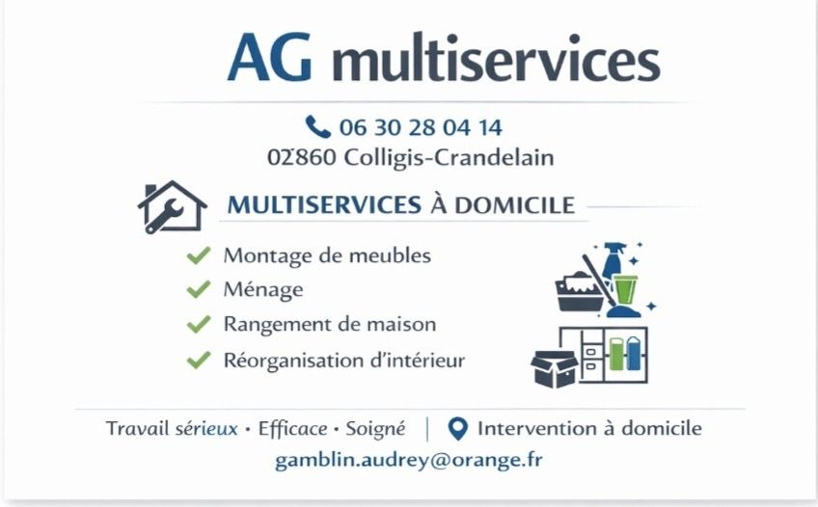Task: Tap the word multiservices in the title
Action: [x=496, y=58]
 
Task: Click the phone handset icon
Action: [x=317, y=126]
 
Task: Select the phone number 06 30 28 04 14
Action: [x=421, y=127]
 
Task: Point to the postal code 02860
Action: [x=302, y=157]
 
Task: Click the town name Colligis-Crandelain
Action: [x=450, y=158]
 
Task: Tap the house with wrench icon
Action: [x=172, y=207]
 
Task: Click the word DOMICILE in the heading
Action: [x=514, y=205]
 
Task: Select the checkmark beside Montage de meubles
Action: [x=199, y=255]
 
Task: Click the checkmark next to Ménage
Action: [x=199, y=289]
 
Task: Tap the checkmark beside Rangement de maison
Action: [x=199, y=324]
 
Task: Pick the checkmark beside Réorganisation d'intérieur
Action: [x=199, y=360]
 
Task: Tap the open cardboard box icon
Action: [x=555, y=369]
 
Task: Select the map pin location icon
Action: [x=458, y=429]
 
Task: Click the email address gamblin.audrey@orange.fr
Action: [x=408, y=461]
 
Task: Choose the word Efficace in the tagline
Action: [x=292, y=428]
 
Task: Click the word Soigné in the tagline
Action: [x=375, y=429]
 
